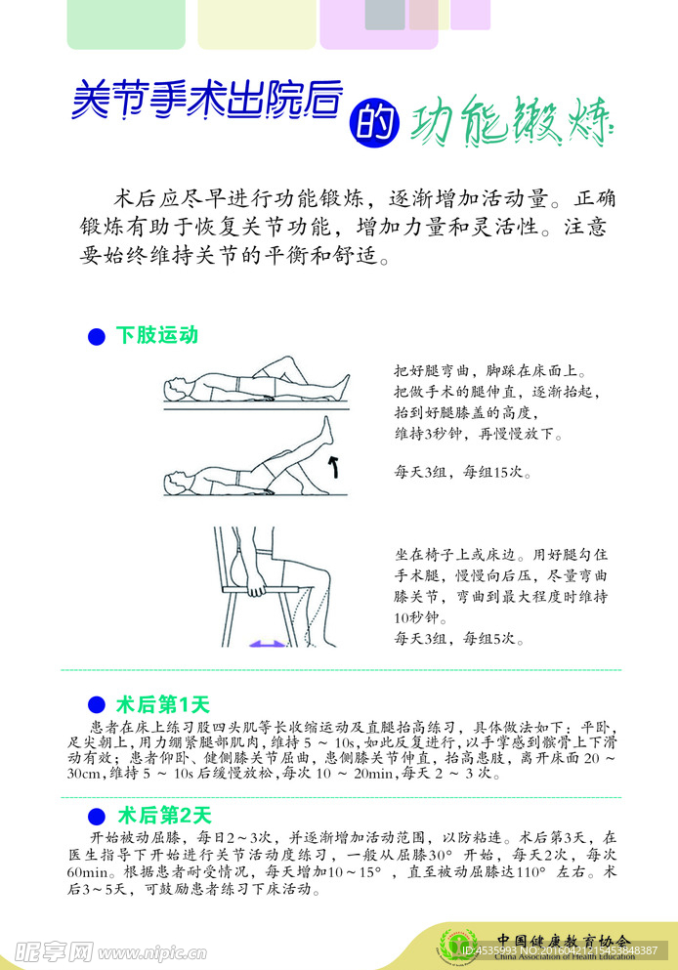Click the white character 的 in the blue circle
tap(373, 121)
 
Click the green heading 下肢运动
tap(156, 335)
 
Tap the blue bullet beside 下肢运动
tap(96, 336)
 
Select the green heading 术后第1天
tap(163, 704)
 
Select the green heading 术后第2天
tap(163, 815)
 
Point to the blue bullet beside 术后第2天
tap(96, 816)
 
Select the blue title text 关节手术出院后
tap(207, 100)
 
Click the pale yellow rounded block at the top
tap(256, 24)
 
